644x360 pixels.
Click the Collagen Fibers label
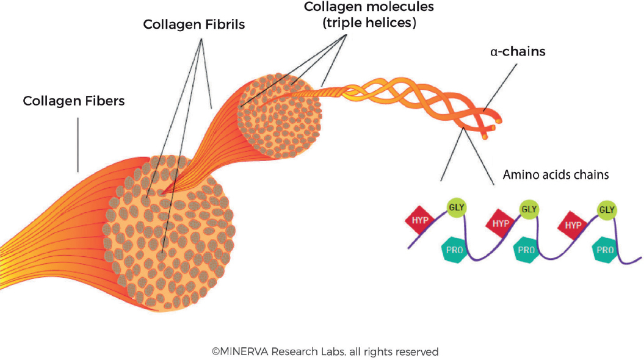point(73,101)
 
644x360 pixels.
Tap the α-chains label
point(518,52)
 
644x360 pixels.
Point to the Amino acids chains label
point(555,175)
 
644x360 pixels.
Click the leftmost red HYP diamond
point(421,221)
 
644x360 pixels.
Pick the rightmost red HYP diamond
point(572,225)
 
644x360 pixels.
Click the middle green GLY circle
point(529,209)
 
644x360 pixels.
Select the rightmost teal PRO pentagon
point(605,250)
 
